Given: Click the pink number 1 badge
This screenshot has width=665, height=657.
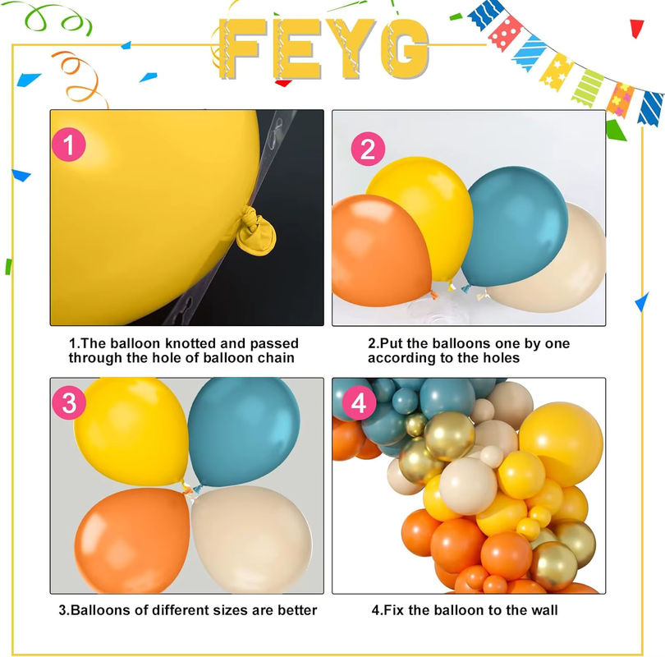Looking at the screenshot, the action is point(69,145).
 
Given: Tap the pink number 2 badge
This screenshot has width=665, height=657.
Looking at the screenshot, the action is point(368,149).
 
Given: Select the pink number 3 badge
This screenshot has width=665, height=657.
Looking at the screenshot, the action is point(69,402).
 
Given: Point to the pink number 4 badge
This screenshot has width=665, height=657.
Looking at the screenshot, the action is point(359,402).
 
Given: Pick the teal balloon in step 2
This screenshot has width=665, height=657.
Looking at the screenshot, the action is point(514,226).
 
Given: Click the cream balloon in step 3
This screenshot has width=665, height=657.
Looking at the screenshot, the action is point(251,540).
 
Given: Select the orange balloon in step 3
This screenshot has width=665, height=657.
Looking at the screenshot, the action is point(132,540).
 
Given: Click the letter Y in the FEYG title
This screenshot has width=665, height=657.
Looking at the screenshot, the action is point(346,48).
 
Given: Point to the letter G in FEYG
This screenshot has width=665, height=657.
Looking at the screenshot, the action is point(405,48).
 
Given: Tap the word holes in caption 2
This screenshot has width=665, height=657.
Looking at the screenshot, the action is point(501,358).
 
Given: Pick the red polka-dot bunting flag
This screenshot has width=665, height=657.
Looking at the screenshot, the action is point(505,33).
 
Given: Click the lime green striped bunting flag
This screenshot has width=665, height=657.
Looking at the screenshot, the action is point(587,88).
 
